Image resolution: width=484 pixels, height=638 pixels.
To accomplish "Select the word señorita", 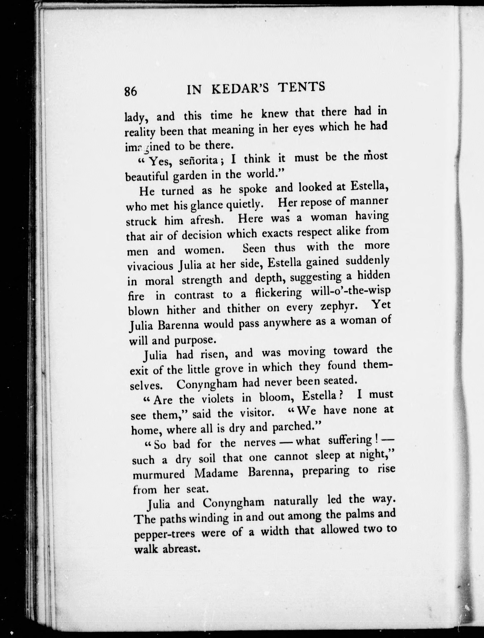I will (x=198, y=160).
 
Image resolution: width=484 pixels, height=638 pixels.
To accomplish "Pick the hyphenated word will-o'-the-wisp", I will (x=351, y=292).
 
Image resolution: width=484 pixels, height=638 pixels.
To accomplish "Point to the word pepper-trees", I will (x=165, y=534).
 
